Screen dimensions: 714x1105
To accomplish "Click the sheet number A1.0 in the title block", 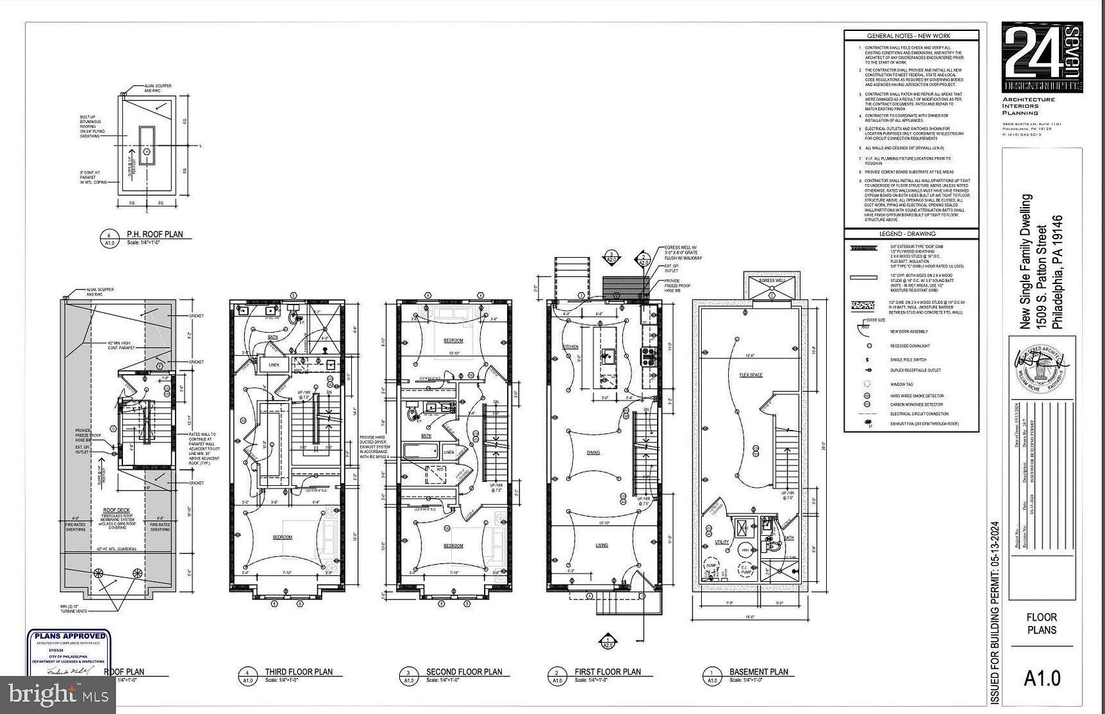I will [1042, 678].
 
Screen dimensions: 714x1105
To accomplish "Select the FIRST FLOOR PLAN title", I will [607, 672].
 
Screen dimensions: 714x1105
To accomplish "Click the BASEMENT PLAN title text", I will [758, 672].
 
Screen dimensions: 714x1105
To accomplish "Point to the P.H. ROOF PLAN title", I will [155, 234].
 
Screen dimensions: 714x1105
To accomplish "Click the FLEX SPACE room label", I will [750, 375].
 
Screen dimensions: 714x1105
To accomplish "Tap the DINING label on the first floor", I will [593, 452].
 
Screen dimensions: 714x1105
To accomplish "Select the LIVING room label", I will [602, 545].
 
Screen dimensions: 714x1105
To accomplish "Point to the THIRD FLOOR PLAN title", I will [298, 672].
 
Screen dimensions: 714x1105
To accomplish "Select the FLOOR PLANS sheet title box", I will [1042, 623].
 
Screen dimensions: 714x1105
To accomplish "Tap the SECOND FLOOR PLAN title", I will [464, 672].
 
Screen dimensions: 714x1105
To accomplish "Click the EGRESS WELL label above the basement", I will [772, 281].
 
